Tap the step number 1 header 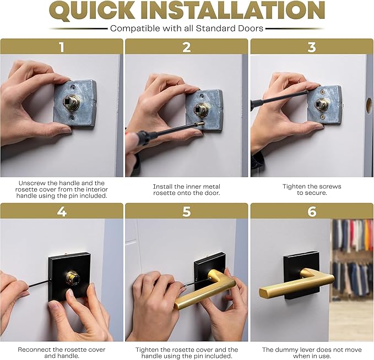click(x=62, y=47)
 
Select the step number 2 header click(x=187, y=47)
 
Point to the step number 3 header click(x=312, y=47)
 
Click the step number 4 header click(x=62, y=211)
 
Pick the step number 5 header click(x=187, y=211)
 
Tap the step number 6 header click(x=312, y=211)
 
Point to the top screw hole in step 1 click(x=73, y=88)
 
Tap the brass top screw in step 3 click(x=323, y=92)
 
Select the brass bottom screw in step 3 click(x=323, y=117)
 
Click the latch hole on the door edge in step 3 click(x=368, y=106)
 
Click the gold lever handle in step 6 click(x=296, y=285)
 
